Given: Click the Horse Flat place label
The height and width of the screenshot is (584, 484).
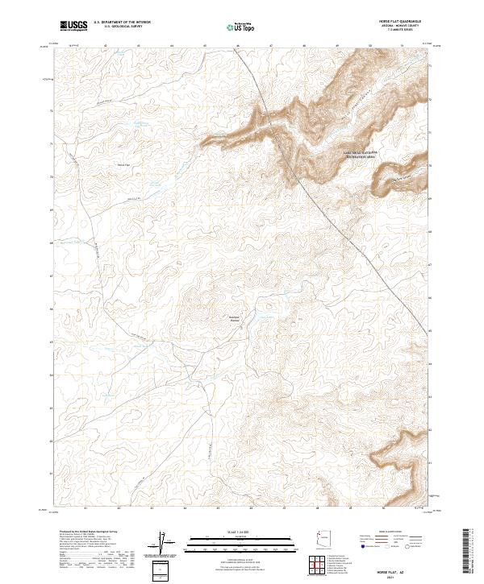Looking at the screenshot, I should tap(123, 164).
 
